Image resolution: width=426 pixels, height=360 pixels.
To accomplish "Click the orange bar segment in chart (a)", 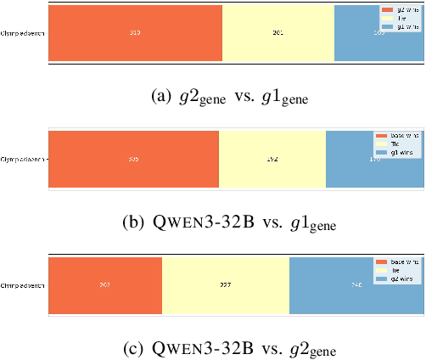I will coord(135,33).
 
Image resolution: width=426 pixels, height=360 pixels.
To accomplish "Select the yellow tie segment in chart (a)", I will coord(277,33).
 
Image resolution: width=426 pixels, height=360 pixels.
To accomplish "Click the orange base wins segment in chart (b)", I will coord(133,159).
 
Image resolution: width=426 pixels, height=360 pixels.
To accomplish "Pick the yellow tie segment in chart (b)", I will coord(272,159).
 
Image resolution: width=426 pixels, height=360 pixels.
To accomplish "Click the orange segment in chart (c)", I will coord(104,286).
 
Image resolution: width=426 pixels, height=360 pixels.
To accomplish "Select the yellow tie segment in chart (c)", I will coord(225,286).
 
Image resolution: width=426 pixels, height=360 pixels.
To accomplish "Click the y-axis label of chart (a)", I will coord(23,33).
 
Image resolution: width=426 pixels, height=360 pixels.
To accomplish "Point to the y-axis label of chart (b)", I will coord(23,159).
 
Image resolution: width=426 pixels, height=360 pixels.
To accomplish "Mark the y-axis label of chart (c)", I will coord(23,286).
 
